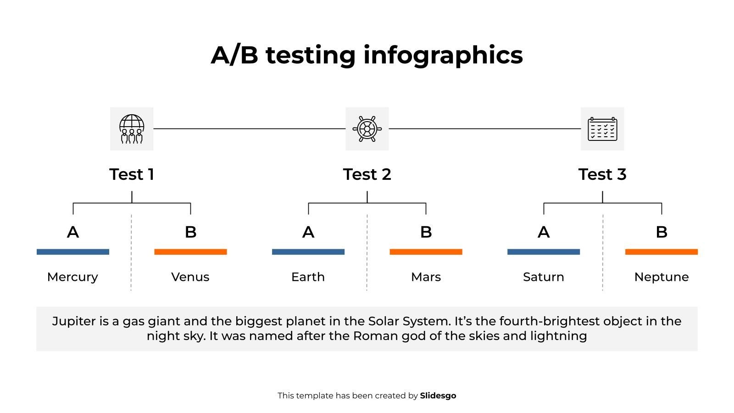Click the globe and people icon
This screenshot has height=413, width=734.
(131, 129)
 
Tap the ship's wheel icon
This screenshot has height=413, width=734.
(367, 129)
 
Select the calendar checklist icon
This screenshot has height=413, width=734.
(602, 129)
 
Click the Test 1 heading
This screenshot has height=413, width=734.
(132, 174)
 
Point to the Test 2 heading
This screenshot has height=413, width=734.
(367, 174)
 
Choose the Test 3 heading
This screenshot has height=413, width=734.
(602, 174)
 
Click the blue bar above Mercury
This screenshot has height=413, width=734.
(73, 252)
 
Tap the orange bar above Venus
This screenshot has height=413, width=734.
(190, 252)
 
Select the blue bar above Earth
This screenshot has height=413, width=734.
(308, 252)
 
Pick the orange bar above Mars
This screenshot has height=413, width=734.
(426, 252)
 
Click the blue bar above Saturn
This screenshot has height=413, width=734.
(544, 252)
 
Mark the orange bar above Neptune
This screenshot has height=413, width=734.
(661, 252)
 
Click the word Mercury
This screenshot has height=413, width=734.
(72, 277)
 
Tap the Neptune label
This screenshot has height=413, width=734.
(661, 277)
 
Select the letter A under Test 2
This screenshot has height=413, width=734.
(308, 232)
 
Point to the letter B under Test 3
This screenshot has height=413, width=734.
(662, 232)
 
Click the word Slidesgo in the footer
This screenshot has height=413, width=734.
(438, 396)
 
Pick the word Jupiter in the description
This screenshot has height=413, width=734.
(73, 321)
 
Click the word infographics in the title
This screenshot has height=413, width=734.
(443, 55)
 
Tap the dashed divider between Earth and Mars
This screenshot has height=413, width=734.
(367, 252)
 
